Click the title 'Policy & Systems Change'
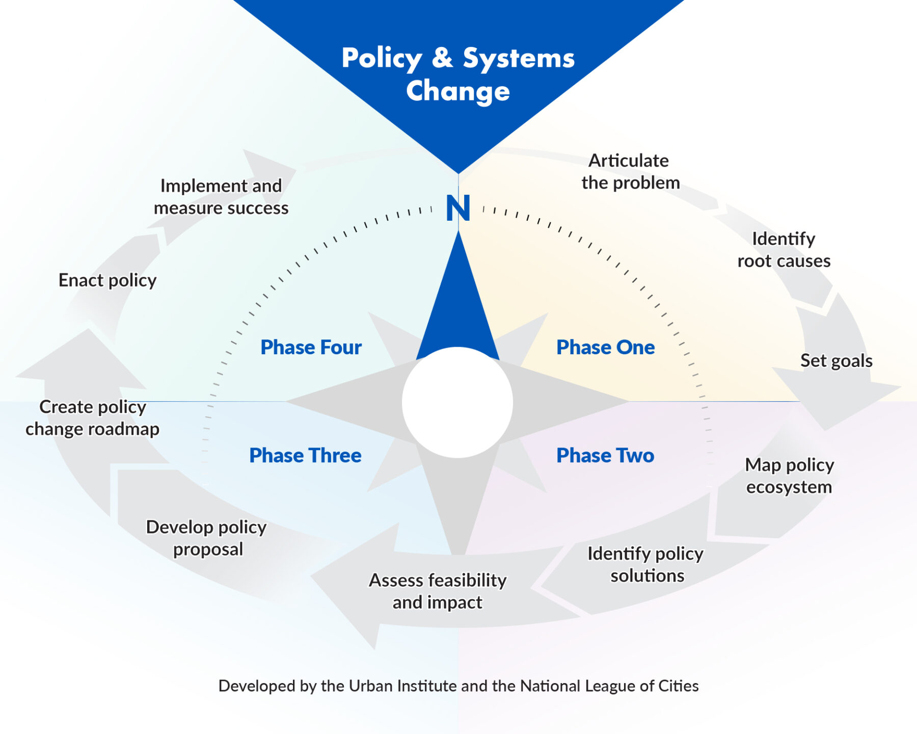[x=458, y=74]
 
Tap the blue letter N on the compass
[x=457, y=208]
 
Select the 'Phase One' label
[x=605, y=347]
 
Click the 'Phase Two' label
[x=605, y=455]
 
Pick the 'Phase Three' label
[x=305, y=455]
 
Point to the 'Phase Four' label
[x=311, y=347]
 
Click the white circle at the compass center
[x=457, y=402]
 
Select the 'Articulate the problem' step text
[x=630, y=172]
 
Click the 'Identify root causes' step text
[x=784, y=250]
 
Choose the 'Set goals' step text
[x=836, y=361]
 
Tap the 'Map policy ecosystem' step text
[x=789, y=476]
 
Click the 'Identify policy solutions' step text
[x=645, y=564]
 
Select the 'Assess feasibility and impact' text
[x=438, y=591]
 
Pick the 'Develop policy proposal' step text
[x=206, y=538]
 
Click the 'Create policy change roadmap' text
[x=93, y=418]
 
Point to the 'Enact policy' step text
[x=107, y=280]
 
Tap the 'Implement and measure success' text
[x=221, y=197]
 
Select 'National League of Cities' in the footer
[x=609, y=686]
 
